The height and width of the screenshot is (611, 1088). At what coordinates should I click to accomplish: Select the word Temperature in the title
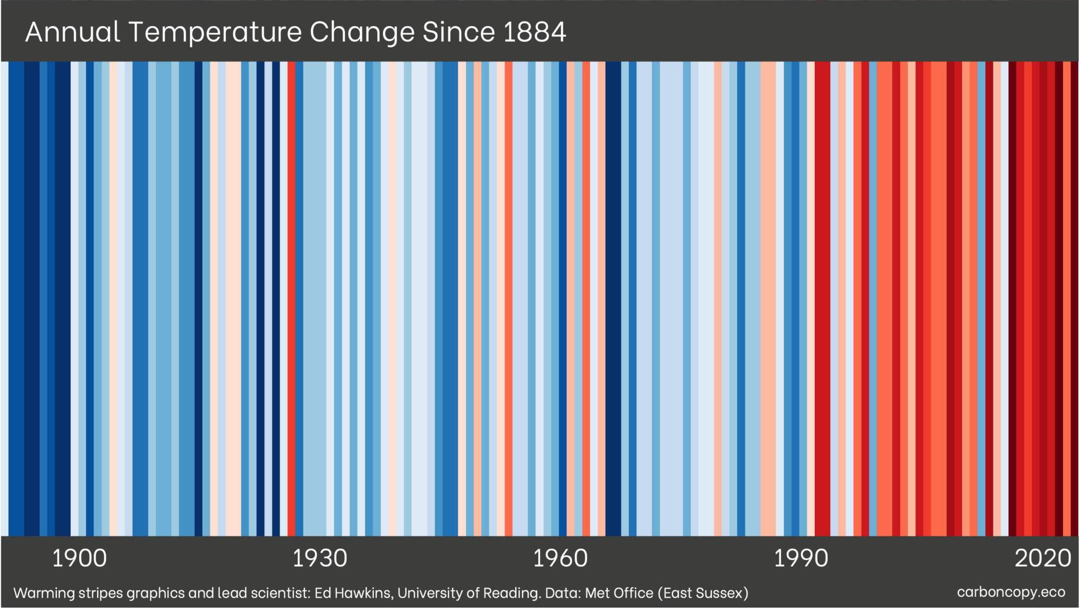coord(215,32)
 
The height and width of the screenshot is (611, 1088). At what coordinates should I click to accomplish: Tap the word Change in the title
coord(362,32)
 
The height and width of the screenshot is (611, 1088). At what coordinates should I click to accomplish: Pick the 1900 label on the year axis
coord(79,558)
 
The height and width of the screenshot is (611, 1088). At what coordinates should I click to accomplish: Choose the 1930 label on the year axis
coord(320,558)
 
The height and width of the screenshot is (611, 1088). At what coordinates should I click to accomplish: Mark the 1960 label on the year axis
coord(560,558)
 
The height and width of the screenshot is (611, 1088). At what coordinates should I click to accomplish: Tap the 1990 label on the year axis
coord(801,558)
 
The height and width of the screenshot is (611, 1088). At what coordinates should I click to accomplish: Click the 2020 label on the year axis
coord(1043,558)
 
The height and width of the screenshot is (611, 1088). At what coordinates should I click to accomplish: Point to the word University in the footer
coord(430,593)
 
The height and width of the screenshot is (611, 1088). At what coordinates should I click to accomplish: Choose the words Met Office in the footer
coord(619,593)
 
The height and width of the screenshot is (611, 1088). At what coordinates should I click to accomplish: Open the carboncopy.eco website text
coord(1011,592)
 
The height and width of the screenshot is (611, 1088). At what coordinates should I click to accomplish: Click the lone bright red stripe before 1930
coord(292,298)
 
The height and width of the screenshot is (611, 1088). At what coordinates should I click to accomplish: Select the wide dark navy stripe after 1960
coord(613,298)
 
